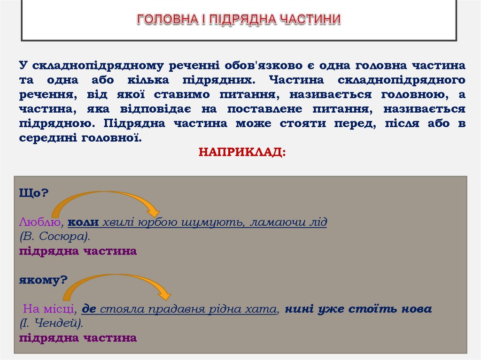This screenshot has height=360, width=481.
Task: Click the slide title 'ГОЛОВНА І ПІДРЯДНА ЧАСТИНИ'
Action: tap(239, 19)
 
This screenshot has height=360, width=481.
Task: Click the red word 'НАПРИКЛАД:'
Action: tap(241, 152)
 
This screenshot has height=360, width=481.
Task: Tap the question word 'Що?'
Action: tap(34, 193)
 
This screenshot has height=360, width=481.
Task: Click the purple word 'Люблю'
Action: tap(40, 222)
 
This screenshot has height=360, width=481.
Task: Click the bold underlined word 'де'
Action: tap(89, 309)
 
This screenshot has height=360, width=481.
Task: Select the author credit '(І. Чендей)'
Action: tap(52, 323)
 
